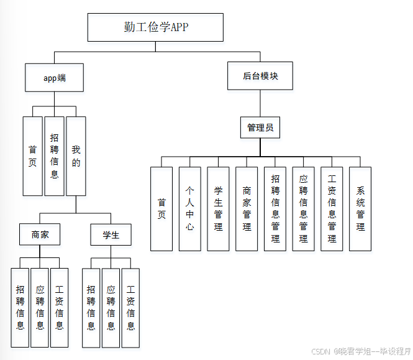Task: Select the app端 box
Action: point(54,78)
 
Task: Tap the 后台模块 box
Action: point(260,76)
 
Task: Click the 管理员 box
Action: point(260,127)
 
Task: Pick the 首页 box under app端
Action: point(33,155)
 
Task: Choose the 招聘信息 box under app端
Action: point(54,155)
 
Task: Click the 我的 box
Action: point(76,155)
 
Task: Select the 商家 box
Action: point(40,235)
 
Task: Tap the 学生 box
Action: point(111,235)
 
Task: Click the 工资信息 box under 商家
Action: point(60,307)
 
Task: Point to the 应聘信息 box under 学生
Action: point(111,307)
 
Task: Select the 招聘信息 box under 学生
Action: point(91,307)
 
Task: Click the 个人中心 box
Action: point(190,208)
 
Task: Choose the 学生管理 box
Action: point(218,208)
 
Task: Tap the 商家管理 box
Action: point(247,208)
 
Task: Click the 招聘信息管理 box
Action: point(275,208)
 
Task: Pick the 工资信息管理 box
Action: point(332,208)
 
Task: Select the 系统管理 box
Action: point(360,208)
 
